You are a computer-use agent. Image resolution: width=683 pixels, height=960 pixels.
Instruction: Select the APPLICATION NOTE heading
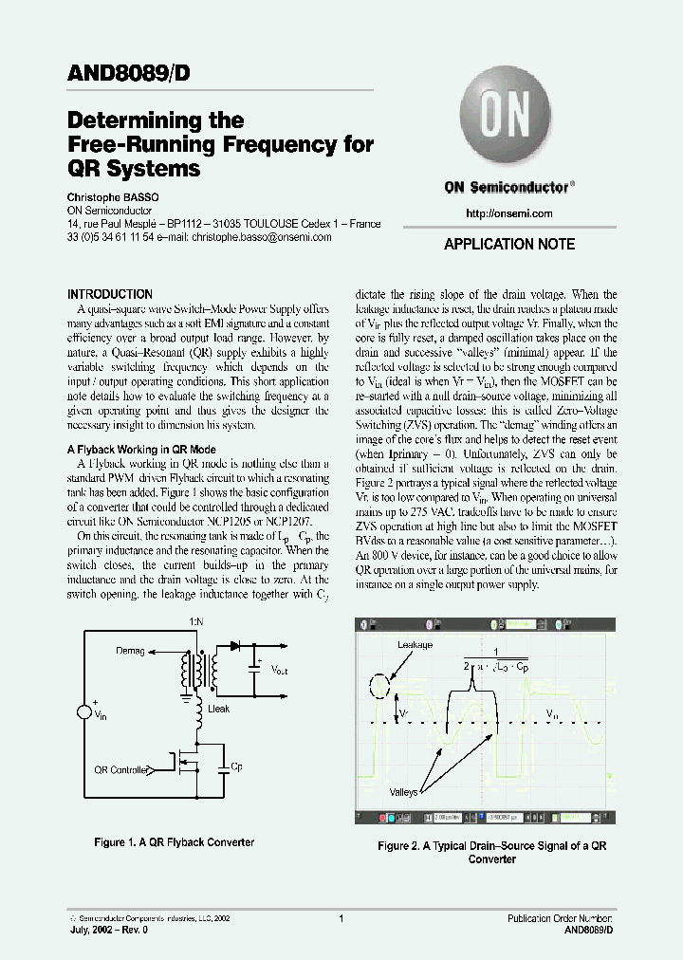tap(509, 245)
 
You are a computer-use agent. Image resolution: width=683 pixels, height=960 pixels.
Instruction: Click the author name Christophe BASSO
tap(113, 197)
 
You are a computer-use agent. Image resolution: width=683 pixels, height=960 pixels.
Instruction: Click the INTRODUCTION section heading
tap(110, 295)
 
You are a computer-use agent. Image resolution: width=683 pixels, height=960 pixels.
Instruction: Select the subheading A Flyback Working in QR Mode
tap(141, 450)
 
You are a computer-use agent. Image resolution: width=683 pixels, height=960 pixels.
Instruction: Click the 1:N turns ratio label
tap(195, 620)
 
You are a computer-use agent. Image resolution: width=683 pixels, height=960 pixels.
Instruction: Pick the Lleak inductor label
tap(218, 709)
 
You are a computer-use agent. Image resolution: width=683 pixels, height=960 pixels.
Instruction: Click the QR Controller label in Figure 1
tap(122, 770)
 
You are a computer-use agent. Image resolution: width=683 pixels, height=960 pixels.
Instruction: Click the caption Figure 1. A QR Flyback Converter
tap(174, 842)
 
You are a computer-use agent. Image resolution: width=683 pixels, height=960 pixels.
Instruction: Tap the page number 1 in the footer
tap(341, 918)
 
